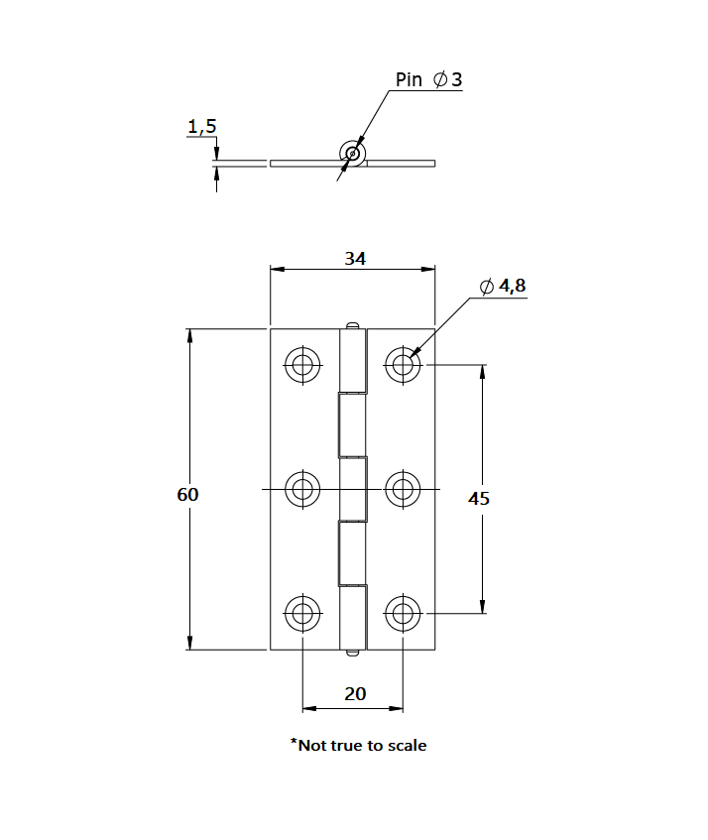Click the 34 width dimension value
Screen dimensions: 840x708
[355, 258]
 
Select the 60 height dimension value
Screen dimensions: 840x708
[188, 494]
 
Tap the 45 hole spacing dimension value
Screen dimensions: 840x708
[479, 499]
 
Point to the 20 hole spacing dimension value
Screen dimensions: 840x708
[355, 693]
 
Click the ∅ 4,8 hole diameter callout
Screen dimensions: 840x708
[503, 287]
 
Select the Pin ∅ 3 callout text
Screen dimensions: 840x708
[428, 79]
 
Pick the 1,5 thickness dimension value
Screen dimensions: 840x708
[201, 126]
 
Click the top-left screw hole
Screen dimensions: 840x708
[302, 365]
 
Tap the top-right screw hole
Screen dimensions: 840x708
[403, 365]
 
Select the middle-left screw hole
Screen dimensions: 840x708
[302, 489]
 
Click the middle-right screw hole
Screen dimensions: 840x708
[403, 489]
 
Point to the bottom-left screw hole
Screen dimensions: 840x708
[302, 613]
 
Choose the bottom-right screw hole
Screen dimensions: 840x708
[403, 613]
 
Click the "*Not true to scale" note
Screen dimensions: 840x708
[358, 744]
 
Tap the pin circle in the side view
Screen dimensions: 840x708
[352, 153]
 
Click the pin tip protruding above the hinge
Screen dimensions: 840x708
[353, 324]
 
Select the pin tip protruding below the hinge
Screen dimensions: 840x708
[353, 654]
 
